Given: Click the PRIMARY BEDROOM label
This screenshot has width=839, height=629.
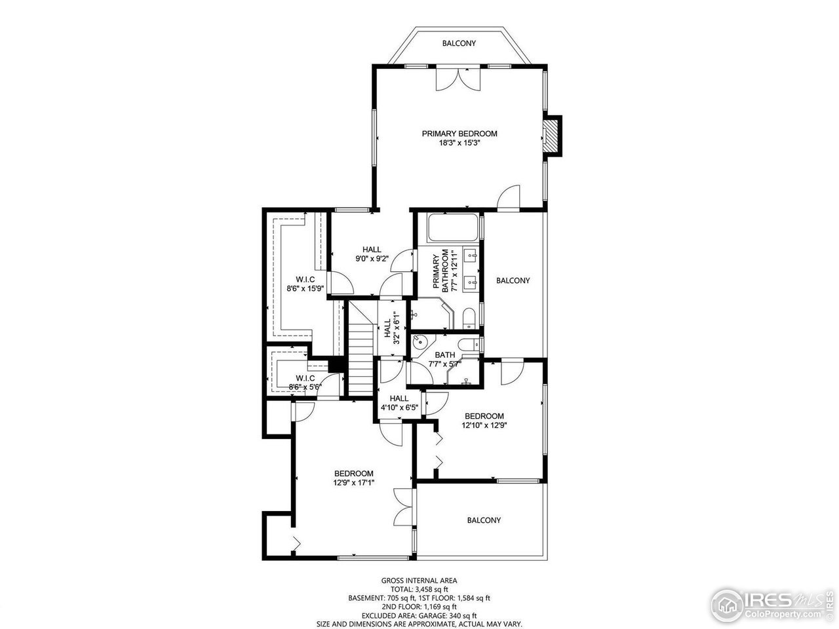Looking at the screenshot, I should click(459, 134).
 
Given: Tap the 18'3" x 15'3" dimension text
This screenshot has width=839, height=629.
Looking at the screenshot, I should click(459, 143).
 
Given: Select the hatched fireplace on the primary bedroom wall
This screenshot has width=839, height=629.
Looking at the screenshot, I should click(553, 136).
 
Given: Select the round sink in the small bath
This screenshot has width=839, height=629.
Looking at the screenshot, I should click(420, 342).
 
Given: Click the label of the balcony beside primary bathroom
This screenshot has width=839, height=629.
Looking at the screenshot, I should click(513, 280).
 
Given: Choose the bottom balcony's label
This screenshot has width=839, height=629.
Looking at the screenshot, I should click(484, 520).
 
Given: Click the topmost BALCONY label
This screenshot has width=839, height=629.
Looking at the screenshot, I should click(459, 43).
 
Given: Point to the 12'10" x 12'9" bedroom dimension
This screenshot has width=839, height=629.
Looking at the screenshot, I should click(484, 425).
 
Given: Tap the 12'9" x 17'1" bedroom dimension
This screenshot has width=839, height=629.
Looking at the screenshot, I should click(353, 483).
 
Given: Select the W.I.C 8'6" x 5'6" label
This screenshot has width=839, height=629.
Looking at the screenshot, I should click(305, 383).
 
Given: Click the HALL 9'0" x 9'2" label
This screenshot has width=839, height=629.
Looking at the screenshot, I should click(372, 254).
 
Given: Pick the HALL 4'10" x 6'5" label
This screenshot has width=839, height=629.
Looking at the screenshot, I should click(399, 402).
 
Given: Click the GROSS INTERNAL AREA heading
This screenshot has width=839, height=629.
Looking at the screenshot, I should click(419, 581).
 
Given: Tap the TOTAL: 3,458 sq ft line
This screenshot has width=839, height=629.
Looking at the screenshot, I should click(419, 589).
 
